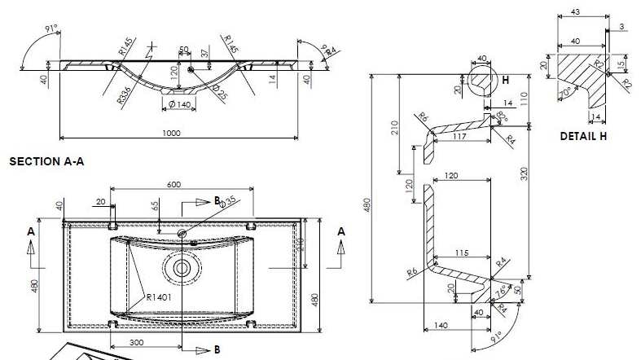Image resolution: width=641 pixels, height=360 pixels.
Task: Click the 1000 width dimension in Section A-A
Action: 169,133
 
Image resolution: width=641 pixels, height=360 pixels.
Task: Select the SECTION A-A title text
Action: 46,162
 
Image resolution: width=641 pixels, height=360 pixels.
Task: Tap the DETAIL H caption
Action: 582,136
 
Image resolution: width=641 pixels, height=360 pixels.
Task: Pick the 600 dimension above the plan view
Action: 173,184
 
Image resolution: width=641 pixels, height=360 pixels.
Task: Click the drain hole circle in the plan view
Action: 181,266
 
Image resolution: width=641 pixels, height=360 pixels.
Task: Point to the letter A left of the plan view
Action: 31,232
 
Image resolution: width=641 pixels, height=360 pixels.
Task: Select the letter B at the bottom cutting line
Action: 216,349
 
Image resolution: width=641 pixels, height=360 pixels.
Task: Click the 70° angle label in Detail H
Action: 564,92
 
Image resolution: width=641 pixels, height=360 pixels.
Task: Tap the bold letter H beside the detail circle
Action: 505,80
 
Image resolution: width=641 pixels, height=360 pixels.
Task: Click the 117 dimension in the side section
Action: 461,136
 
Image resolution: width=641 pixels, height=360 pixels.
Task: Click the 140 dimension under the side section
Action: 441,325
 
